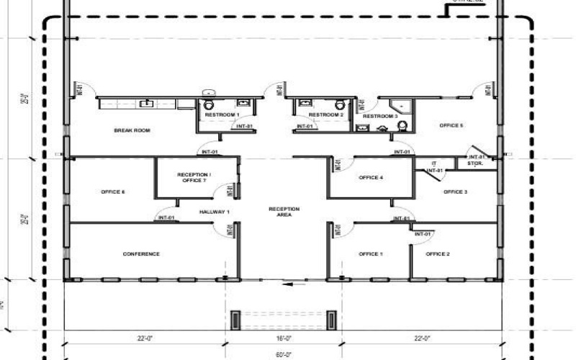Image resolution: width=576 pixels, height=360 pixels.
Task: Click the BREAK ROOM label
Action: [x=131, y=130]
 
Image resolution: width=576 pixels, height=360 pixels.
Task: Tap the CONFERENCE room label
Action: [x=141, y=254]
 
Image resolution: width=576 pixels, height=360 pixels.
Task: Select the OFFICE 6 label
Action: [x=113, y=192]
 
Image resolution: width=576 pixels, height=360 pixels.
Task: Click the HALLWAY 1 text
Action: [x=215, y=211]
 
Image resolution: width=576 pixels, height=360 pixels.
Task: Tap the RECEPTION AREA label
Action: [x=284, y=212]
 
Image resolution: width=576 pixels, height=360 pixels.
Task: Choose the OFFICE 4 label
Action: [x=372, y=177]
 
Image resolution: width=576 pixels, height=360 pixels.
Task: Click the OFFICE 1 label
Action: [x=371, y=254]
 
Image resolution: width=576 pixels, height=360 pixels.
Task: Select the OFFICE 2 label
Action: [x=438, y=254]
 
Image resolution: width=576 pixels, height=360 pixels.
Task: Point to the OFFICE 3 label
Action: [x=455, y=192]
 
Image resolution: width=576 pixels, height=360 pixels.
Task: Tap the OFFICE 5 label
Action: [x=451, y=125]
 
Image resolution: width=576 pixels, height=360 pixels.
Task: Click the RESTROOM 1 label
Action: [x=222, y=115]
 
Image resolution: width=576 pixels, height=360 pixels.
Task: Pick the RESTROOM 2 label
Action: [x=326, y=115]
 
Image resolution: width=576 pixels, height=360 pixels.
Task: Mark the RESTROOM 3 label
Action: [x=379, y=116]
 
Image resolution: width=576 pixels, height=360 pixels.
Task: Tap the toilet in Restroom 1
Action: [x=209, y=105]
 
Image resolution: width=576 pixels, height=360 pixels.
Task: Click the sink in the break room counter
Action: [x=147, y=104]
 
